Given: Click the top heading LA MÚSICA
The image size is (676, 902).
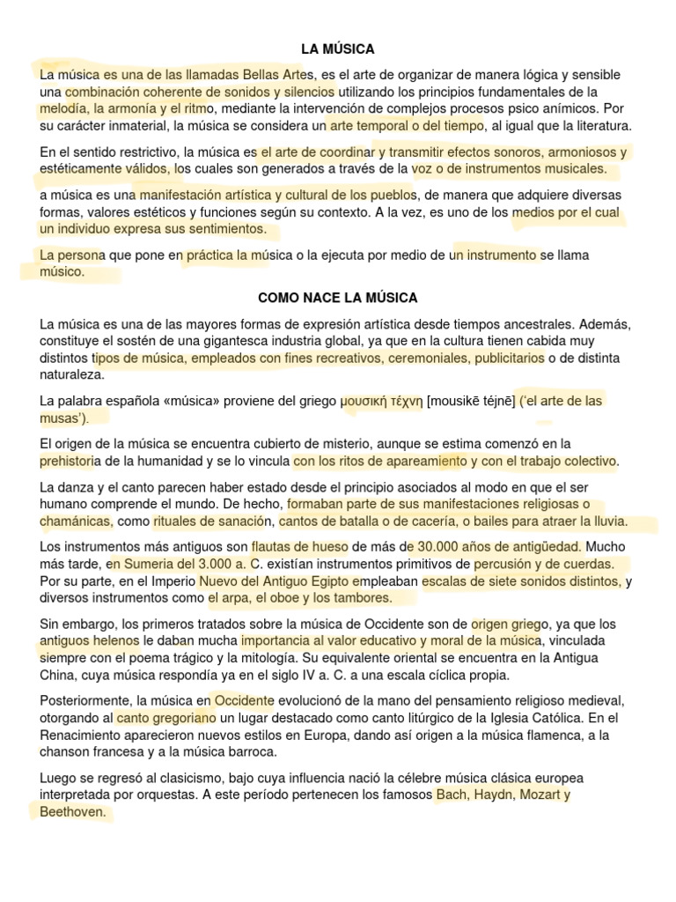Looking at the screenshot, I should (x=338, y=49).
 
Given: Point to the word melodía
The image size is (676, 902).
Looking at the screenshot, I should (x=63, y=108).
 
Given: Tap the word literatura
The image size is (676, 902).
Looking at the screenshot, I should (x=598, y=126).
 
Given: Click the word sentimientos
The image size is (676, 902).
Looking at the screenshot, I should (x=227, y=229).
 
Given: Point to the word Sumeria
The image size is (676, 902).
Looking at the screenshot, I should (x=147, y=563).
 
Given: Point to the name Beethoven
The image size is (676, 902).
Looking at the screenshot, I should (x=74, y=812).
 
